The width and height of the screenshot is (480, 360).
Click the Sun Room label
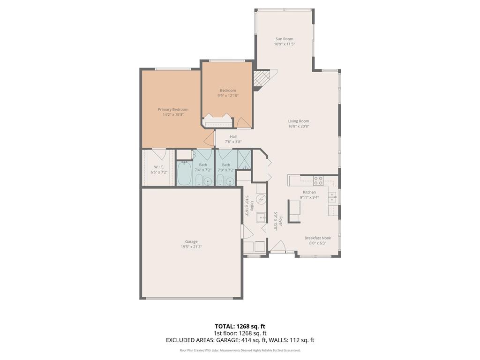pos(285,39)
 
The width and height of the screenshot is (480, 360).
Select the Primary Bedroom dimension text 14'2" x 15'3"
pos(173,114)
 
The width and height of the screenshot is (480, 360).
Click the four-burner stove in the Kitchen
pos(318,180)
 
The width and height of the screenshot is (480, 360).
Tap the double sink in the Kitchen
pos(332,197)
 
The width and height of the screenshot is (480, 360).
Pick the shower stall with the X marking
pos(244,159)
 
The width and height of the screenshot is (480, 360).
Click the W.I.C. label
pos(158,167)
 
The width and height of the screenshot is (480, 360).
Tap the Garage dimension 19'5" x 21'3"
pos(191,247)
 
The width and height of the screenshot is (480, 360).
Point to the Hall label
pos(233,136)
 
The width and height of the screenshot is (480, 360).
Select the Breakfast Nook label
pos(317,238)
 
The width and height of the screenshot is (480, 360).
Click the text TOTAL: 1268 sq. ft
pos(240,326)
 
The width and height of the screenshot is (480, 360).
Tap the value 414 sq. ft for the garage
pos(262,340)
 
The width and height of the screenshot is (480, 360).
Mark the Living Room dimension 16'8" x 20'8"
pos(299,126)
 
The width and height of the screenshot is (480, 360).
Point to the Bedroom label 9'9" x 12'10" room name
pos(228,90)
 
